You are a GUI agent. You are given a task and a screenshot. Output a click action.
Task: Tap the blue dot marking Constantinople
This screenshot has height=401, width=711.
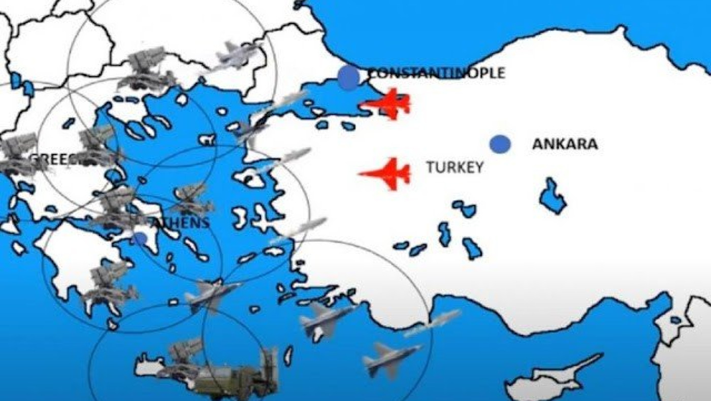pos(349,78)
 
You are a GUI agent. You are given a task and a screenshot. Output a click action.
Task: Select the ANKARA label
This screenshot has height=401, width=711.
pos(565,144)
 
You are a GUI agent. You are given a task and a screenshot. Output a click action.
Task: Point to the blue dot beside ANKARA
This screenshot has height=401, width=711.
pos(500,144)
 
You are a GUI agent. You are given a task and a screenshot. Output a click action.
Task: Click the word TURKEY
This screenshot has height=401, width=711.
pos(455,168)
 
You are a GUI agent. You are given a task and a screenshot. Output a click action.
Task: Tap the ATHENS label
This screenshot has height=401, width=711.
pos(180,222)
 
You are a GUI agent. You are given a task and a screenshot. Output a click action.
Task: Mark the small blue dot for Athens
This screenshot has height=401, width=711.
pos(141,239)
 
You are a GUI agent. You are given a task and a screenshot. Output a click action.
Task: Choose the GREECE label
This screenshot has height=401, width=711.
pos(53,159)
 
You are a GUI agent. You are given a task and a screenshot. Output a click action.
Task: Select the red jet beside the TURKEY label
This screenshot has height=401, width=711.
pos(387,174)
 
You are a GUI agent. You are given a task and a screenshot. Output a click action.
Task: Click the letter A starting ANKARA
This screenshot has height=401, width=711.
pos(537,144)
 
